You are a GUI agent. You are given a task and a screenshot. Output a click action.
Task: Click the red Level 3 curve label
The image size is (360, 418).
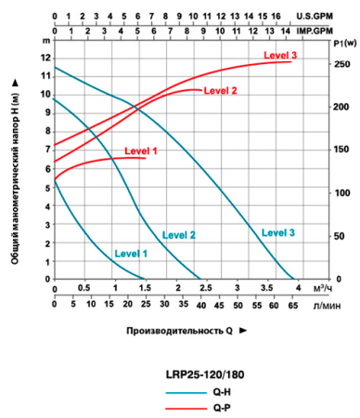(280, 56)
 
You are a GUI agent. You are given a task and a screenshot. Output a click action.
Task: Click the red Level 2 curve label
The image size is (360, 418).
(220, 90)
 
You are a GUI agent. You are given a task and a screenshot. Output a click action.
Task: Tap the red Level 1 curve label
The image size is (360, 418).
(140, 150)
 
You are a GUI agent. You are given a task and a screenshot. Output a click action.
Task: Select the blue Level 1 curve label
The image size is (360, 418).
(131, 253)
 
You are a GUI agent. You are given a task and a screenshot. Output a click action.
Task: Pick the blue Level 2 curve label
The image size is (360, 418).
(179, 234)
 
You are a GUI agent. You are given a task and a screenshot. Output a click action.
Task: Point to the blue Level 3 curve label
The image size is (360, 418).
(277, 232)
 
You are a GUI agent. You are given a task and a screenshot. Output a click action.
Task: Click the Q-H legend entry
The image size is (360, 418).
(221, 392)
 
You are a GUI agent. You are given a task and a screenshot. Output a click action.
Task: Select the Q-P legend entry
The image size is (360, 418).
(221, 408)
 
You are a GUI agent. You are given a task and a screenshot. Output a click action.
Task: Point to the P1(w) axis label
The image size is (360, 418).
(342, 44)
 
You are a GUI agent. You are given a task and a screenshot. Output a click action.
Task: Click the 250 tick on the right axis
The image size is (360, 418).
(341, 63)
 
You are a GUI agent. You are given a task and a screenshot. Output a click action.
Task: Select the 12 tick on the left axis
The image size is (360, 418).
(45, 58)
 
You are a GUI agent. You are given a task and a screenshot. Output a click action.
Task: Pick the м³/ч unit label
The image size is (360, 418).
(322, 288)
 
